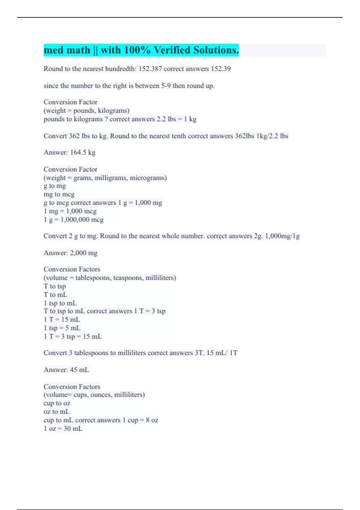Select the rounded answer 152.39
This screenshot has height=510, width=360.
coord(221,69)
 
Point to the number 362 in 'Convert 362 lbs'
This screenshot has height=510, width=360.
coord(74,136)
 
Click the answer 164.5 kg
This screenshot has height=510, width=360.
coord(82,152)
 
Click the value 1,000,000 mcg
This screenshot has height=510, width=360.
coord(82,220)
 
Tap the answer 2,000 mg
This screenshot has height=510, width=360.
coord(83,253)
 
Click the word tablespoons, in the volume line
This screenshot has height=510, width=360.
coord(93,278)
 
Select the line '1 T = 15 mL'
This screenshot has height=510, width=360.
coord(62,319)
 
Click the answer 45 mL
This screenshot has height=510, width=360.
coord(79,370)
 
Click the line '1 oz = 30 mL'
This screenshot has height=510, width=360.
coord(63,428)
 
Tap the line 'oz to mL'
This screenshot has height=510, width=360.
coord(56,412)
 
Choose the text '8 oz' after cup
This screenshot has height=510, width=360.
coord(152,420)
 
